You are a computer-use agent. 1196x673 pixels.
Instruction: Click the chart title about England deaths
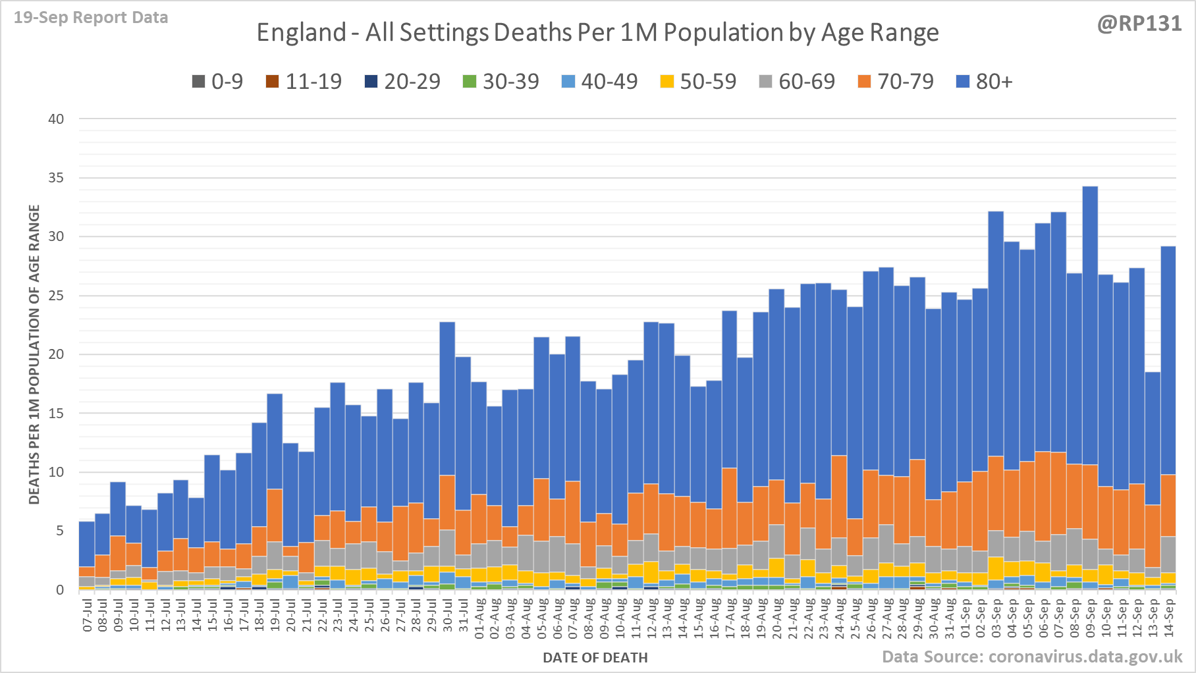pos(597,32)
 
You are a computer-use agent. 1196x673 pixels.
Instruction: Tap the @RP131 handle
pos(1139,24)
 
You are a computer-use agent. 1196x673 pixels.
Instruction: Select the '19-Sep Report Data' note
pos(91,18)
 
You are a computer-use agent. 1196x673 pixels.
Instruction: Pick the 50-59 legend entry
pos(698,82)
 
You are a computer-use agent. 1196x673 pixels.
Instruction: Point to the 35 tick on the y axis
pos(56,178)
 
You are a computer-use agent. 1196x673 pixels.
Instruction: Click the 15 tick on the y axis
pos(56,414)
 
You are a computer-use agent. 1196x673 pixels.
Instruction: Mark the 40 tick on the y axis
pos(56,119)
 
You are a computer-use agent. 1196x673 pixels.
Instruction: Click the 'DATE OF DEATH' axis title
pos(595,658)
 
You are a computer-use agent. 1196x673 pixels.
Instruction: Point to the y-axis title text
pos(34,354)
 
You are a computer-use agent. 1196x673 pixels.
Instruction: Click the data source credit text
pos(1032,657)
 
